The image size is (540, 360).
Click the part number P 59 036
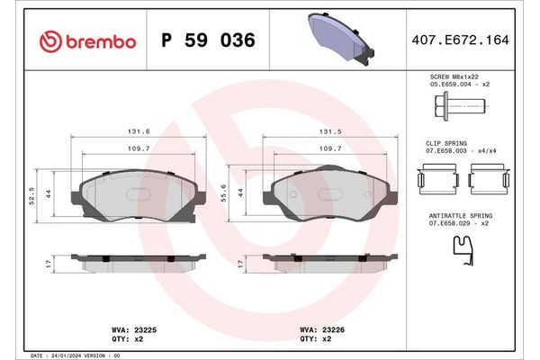tap(207, 41)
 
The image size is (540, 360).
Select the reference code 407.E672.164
tap(459, 41)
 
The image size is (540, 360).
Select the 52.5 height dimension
tap(32, 194)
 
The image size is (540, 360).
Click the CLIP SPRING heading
tap(445, 144)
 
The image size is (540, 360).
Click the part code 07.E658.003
tap(447, 151)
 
